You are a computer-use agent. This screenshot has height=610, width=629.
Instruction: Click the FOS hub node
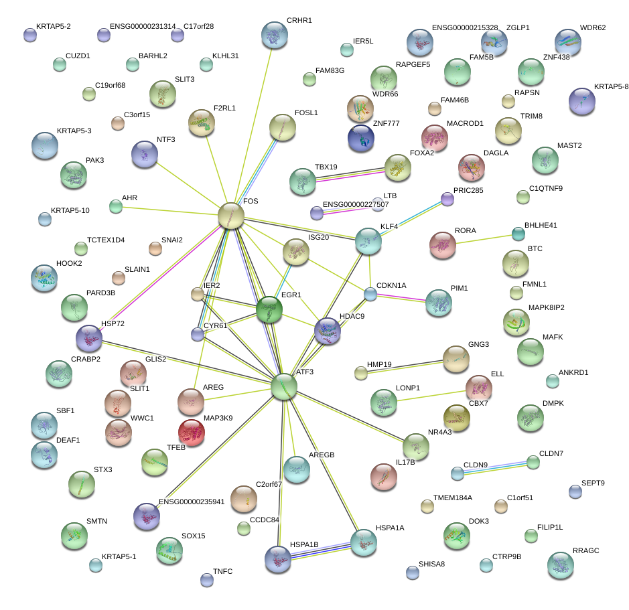[231, 216]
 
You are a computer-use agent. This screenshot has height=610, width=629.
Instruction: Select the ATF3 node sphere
[284, 387]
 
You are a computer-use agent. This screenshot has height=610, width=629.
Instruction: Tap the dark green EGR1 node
[269, 310]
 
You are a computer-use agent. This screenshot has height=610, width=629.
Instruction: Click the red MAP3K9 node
[191, 433]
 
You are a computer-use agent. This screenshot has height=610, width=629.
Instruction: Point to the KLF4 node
[368, 241]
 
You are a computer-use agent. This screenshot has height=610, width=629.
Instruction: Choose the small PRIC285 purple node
[447, 199]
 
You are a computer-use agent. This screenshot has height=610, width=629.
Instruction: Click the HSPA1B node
[277, 558]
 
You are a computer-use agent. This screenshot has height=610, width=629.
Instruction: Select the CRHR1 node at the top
[275, 35]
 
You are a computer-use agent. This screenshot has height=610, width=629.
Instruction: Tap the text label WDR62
[592, 28]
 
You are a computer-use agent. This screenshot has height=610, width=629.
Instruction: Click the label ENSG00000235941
[192, 502]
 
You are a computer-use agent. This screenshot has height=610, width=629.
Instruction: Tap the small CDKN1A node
[370, 293]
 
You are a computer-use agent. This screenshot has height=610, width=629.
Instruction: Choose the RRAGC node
[560, 565]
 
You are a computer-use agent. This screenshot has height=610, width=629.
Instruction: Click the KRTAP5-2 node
[29, 35]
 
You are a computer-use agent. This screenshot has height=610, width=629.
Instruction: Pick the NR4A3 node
[416, 446]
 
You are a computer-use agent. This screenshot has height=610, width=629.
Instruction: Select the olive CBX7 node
[457, 418]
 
